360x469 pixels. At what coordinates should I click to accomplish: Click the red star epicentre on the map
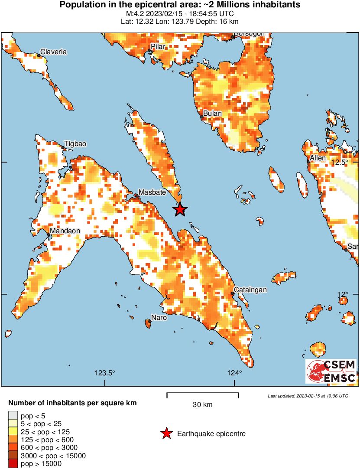point(180,210)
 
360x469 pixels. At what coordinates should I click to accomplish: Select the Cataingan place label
point(250,290)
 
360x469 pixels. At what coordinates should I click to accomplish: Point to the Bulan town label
point(213,114)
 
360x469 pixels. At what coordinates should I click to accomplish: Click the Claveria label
point(53,52)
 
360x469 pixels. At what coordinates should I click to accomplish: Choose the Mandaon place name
point(65,231)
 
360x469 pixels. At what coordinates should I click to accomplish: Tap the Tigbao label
point(75,144)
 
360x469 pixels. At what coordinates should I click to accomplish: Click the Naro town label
point(159,318)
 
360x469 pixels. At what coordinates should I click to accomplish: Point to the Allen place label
point(318,158)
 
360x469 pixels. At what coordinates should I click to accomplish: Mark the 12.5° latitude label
point(340,162)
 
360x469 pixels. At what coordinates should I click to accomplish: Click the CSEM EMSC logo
point(331,371)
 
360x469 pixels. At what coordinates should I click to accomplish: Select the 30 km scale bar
point(203,395)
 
